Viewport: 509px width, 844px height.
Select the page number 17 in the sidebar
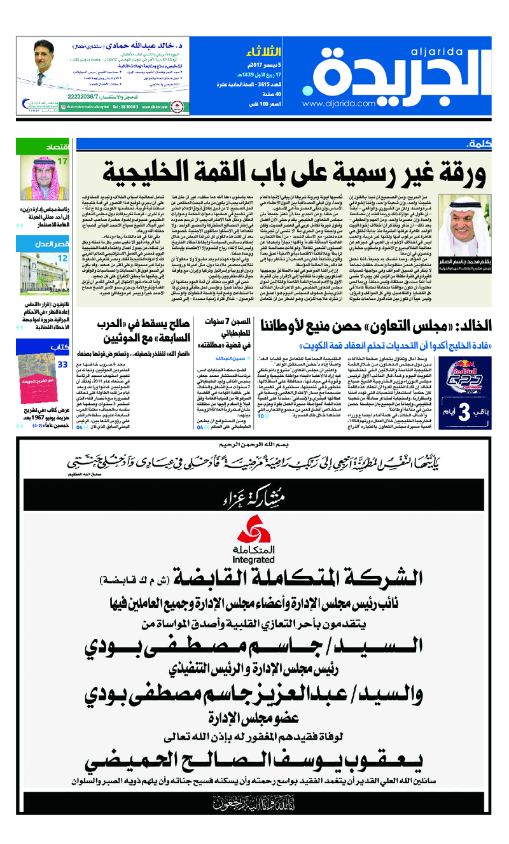[x=62, y=162]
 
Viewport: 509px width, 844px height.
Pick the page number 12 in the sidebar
[x=62, y=258]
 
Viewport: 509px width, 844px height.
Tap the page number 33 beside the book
[x=62, y=365]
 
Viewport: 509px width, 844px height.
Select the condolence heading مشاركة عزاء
[x=254, y=496]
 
